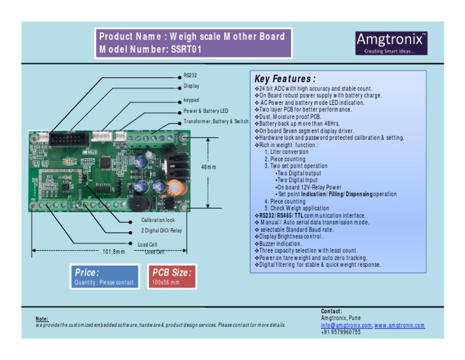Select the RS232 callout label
[190, 76]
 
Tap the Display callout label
[191, 86]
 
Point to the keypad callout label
[191, 99]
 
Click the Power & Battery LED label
[206, 111]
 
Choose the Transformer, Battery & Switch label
[216, 122]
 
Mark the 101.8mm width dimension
[113, 252]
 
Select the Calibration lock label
[157, 220]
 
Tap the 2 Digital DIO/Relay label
[161, 231]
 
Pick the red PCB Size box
[171, 277]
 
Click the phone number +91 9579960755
[341, 332]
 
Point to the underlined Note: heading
[42, 319]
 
